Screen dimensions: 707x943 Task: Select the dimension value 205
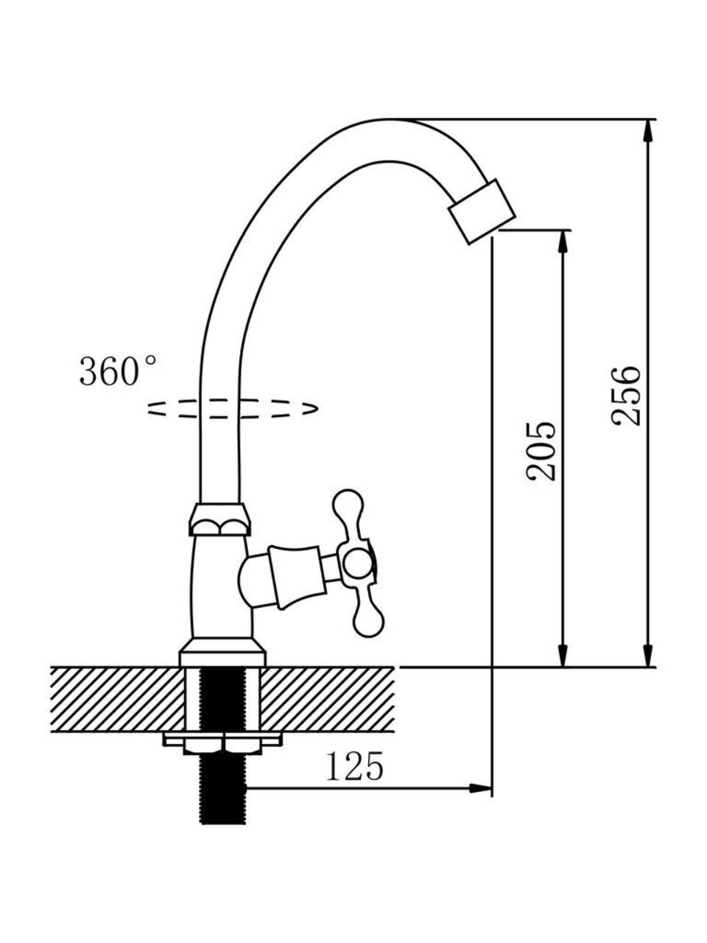(x=541, y=451)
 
